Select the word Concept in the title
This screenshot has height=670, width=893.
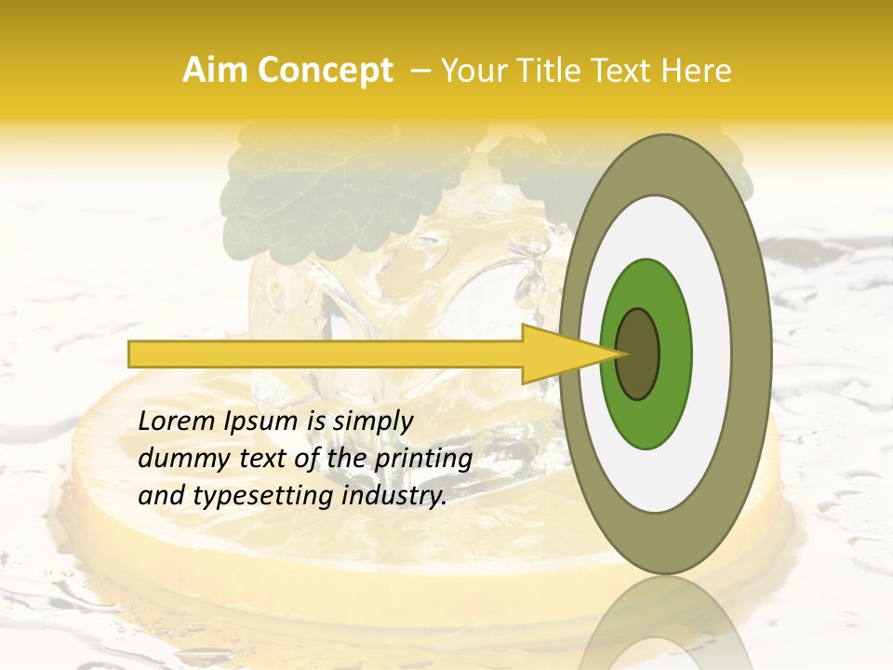point(324,72)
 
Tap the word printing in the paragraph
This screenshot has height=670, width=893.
point(423,460)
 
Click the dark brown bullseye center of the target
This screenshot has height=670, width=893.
point(638,354)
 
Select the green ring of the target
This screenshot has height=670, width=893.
point(672,354)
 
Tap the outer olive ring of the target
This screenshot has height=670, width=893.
point(753,354)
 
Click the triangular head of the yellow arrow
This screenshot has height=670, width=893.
point(558,354)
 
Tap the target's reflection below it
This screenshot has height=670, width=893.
point(666,628)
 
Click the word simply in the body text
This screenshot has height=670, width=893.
point(372,422)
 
